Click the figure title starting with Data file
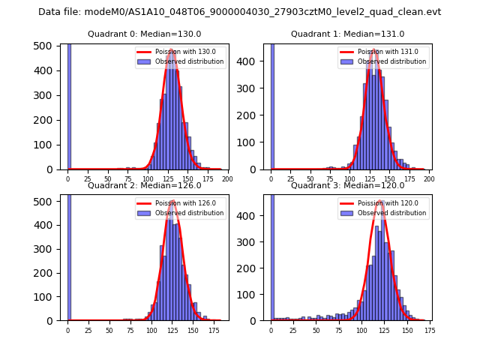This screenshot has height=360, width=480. pyautogui.click(x=239, y=12)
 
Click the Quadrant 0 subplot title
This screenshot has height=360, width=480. pyautogui.click(x=144, y=34)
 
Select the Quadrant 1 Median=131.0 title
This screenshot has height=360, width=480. pyautogui.click(x=347, y=34)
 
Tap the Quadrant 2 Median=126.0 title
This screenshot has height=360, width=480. pyautogui.click(x=144, y=185)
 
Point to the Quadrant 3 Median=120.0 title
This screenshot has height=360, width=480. pyautogui.click(x=347, y=185)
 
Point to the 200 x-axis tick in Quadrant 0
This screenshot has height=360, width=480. pyautogui.click(x=227, y=179)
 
